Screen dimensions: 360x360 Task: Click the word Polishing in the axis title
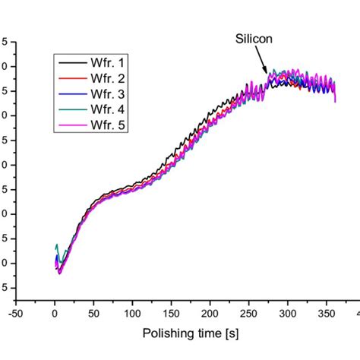pyautogui.click(x=168, y=333)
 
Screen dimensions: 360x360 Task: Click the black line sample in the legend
pyautogui.click(x=72, y=63)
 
